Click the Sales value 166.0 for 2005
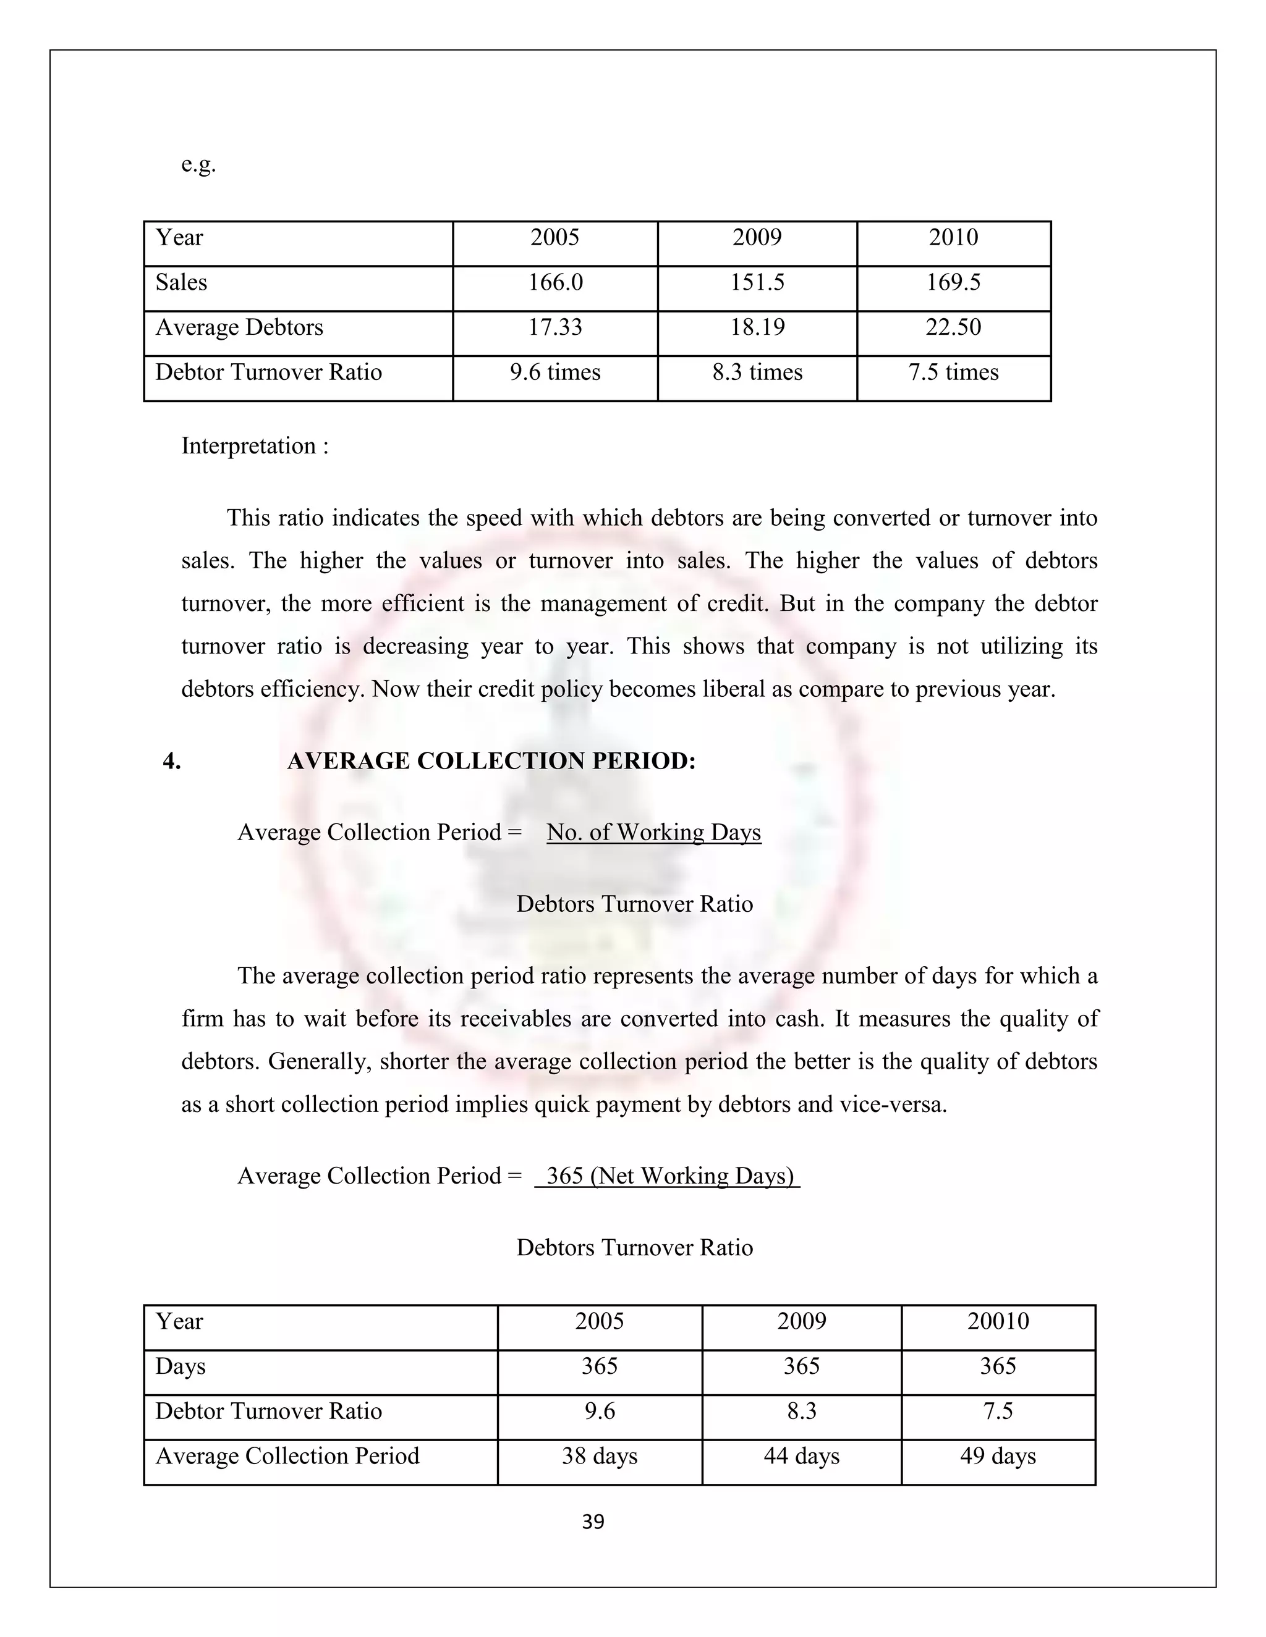(555, 282)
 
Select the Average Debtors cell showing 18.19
(757, 327)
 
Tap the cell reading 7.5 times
(953, 372)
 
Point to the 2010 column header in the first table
(953, 238)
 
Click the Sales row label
(182, 282)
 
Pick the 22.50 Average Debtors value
(953, 327)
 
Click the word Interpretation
(249, 446)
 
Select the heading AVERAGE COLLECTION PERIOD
(491, 761)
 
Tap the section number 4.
(172, 761)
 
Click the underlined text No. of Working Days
(653, 832)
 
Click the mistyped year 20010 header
(998, 1321)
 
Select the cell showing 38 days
(599, 1457)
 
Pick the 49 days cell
(998, 1457)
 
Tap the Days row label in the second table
(181, 1366)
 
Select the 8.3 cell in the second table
(801, 1412)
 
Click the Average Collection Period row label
(287, 1457)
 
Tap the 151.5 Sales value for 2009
(757, 282)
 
